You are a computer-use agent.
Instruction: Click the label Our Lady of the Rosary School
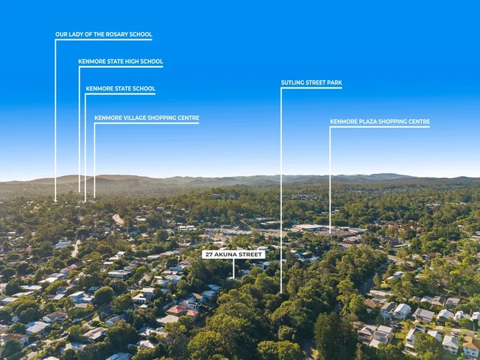[103, 34]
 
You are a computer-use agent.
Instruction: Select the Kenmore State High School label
[121, 61]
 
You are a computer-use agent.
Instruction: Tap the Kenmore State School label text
[121, 89]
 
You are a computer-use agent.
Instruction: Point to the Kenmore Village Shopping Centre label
[147, 118]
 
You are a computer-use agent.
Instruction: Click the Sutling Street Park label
[311, 83]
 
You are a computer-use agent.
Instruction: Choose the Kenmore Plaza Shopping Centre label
[380, 121]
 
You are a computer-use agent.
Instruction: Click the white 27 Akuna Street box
[233, 255]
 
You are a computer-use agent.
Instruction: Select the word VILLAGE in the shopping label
[134, 118]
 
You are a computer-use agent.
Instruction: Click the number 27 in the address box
[209, 255]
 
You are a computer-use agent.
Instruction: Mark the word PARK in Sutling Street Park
[335, 83]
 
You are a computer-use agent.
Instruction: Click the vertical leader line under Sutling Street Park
[281, 191]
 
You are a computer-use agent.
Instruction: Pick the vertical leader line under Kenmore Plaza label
[330, 181]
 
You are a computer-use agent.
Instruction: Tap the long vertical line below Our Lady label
[55, 120]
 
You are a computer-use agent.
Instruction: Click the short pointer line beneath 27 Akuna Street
[233, 269]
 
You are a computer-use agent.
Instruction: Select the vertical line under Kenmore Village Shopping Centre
[94, 161]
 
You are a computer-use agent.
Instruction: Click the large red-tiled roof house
[177, 310]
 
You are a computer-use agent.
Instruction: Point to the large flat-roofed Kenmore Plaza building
[308, 227]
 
